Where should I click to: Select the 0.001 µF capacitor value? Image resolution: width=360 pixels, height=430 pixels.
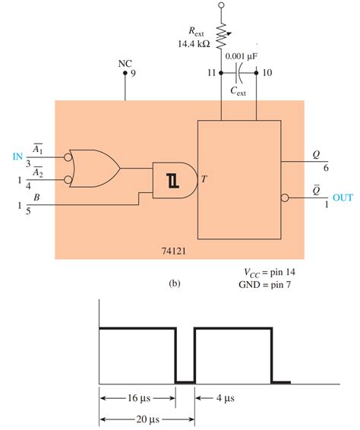tap(245, 57)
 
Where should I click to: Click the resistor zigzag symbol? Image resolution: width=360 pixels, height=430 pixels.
tap(222, 35)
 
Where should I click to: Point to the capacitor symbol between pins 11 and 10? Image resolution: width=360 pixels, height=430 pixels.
tap(240, 74)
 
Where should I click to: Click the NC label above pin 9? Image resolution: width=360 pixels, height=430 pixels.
tap(125, 63)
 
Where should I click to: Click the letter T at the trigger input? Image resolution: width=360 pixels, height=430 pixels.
tap(204, 180)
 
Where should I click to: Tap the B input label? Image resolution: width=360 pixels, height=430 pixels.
tap(38, 197)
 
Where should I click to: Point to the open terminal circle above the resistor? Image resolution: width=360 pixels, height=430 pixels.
tap(222, 5)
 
